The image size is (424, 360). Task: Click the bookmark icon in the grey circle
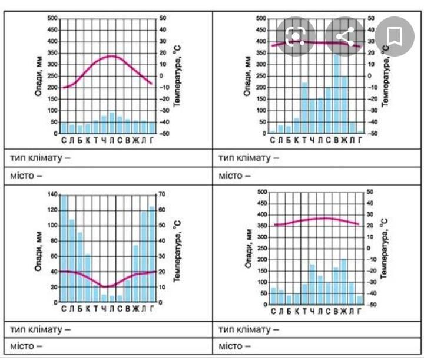(394, 37)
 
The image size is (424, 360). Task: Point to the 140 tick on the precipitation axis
(53, 194)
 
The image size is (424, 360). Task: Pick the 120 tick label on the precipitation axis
(53, 210)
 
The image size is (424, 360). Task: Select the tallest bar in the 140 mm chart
(64, 247)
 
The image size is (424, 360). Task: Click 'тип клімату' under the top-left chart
(40, 158)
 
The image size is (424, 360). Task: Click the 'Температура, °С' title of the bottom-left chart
(176, 248)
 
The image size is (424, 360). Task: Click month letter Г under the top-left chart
(152, 140)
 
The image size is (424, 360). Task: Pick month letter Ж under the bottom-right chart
(343, 311)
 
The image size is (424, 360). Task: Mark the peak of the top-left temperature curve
(112, 56)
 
